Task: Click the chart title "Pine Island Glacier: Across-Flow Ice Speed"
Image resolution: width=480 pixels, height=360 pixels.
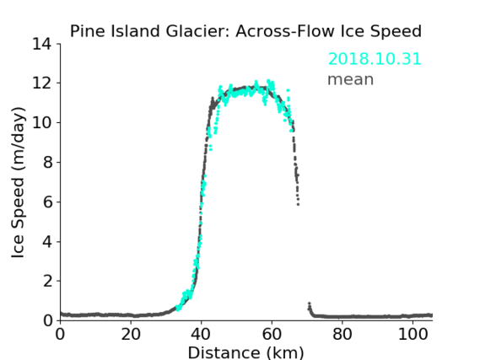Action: (x=245, y=31)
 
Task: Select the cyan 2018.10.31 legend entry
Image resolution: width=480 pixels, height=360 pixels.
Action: (x=375, y=59)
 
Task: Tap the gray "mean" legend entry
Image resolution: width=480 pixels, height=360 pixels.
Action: (x=351, y=79)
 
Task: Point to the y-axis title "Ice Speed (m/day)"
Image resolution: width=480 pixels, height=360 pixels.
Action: (x=18, y=182)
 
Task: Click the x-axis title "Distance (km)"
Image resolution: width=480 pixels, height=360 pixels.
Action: (x=245, y=352)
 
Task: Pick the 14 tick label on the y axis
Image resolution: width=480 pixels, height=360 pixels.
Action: (x=42, y=44)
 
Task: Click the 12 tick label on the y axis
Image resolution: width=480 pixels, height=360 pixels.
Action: (x=42, y=83)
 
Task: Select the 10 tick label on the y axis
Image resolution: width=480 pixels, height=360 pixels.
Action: (x=42, y=122)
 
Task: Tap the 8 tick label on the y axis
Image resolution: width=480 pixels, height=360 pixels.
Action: (x=47, y=162)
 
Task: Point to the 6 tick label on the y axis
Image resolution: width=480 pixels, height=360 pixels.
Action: (x=47, y=201)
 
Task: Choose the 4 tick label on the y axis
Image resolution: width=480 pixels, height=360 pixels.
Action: (x=47, y=242)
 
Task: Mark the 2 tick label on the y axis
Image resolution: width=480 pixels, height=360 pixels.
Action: (x=47, y=281)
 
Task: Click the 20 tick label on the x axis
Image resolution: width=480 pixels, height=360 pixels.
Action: (x=131, y=335)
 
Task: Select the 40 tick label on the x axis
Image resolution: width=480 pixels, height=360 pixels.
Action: (x=201, y=335)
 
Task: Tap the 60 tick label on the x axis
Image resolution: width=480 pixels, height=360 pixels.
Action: (x=272, y=335)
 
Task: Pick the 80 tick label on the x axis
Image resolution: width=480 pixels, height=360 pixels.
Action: (x=342, y=335)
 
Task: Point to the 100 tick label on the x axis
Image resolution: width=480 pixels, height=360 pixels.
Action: (x=413, y=335)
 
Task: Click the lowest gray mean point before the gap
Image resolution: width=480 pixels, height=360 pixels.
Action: (x=298, y=204)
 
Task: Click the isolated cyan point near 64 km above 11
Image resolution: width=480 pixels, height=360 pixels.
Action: (x=288, y=90)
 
